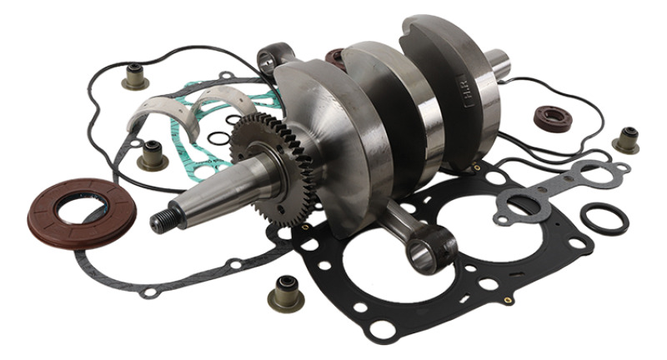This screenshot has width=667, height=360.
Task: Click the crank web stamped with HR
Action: [454, 92]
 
